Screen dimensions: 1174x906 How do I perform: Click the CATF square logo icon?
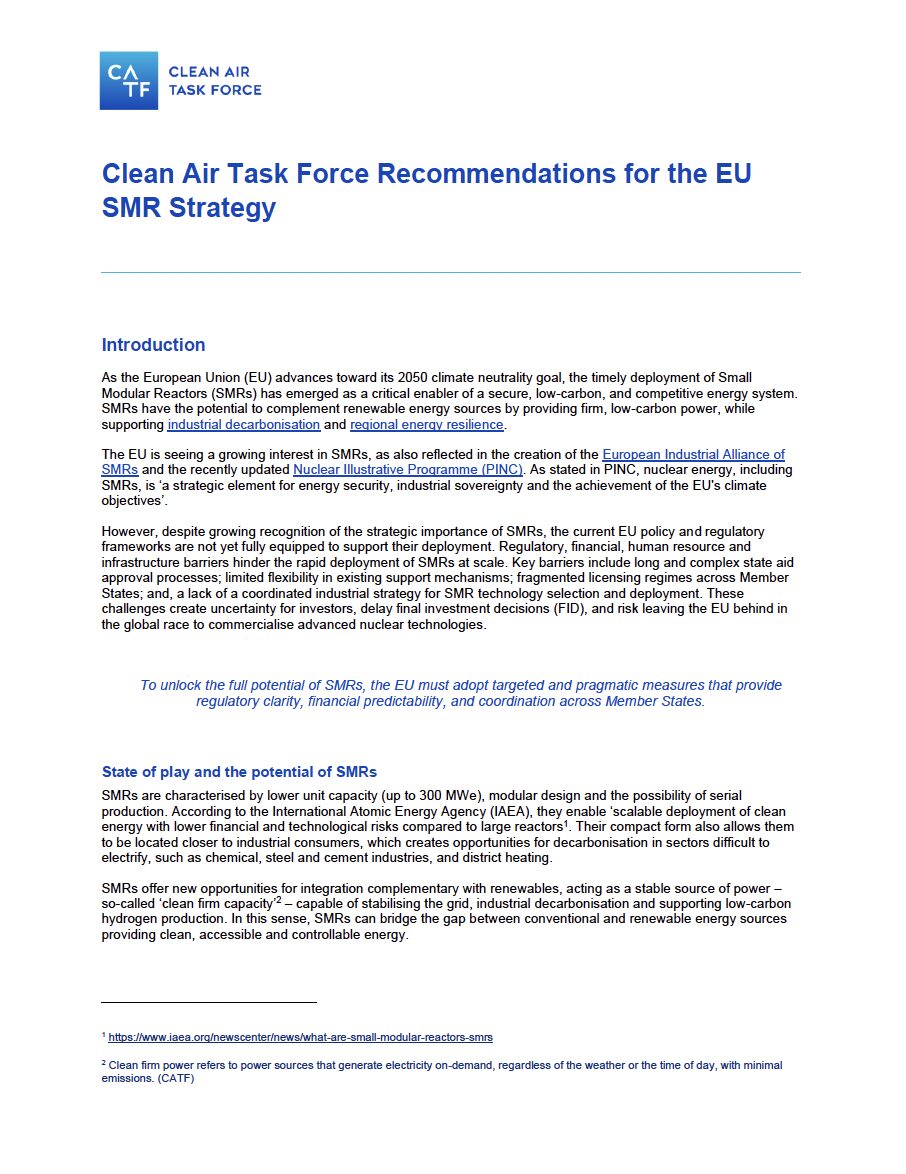click(129, 81)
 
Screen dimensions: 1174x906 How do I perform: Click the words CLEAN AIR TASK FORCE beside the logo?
click(214, 81)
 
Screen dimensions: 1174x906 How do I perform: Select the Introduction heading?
click(153, 345)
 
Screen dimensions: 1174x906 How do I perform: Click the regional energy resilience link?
click(428, 425)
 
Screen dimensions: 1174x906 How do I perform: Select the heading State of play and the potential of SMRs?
click(239, 772)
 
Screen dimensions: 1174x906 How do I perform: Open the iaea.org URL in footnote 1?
click(300, 1037)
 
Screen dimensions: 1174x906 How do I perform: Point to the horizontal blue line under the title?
click(451, 272)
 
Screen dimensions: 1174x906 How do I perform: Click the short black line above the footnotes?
click(209, 1001)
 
